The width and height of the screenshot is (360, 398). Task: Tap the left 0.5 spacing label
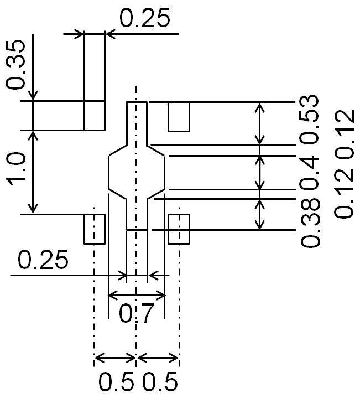coord(116,383)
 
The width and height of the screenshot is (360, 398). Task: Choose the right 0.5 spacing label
coord(160,383)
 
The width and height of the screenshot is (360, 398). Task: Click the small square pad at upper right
coord(179,116)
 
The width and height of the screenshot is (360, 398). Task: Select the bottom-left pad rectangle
coord(94,229)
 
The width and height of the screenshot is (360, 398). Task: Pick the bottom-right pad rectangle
coord(179,229)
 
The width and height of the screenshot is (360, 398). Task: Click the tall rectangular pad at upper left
coord(94,81)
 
